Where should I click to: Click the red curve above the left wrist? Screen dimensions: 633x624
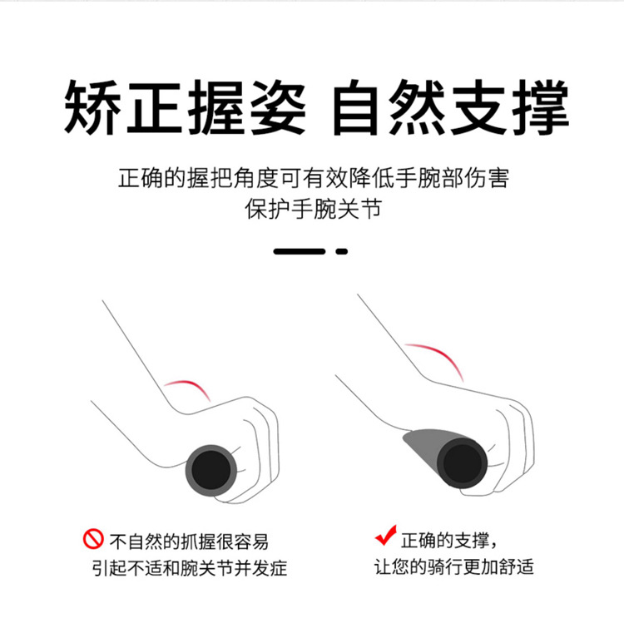click(x=188, y=386)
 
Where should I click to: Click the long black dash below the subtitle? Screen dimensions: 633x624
click(x=299, y=250)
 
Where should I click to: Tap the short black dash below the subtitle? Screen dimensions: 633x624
click(x=341, y=250)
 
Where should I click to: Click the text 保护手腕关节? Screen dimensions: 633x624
click(x=312, y=209)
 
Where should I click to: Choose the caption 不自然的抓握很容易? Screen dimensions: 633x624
click(x=190, y=541)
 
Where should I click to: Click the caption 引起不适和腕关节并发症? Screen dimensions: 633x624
click(x=190, y=569)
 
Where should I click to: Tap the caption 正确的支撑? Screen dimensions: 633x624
click(x=448, y=539)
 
